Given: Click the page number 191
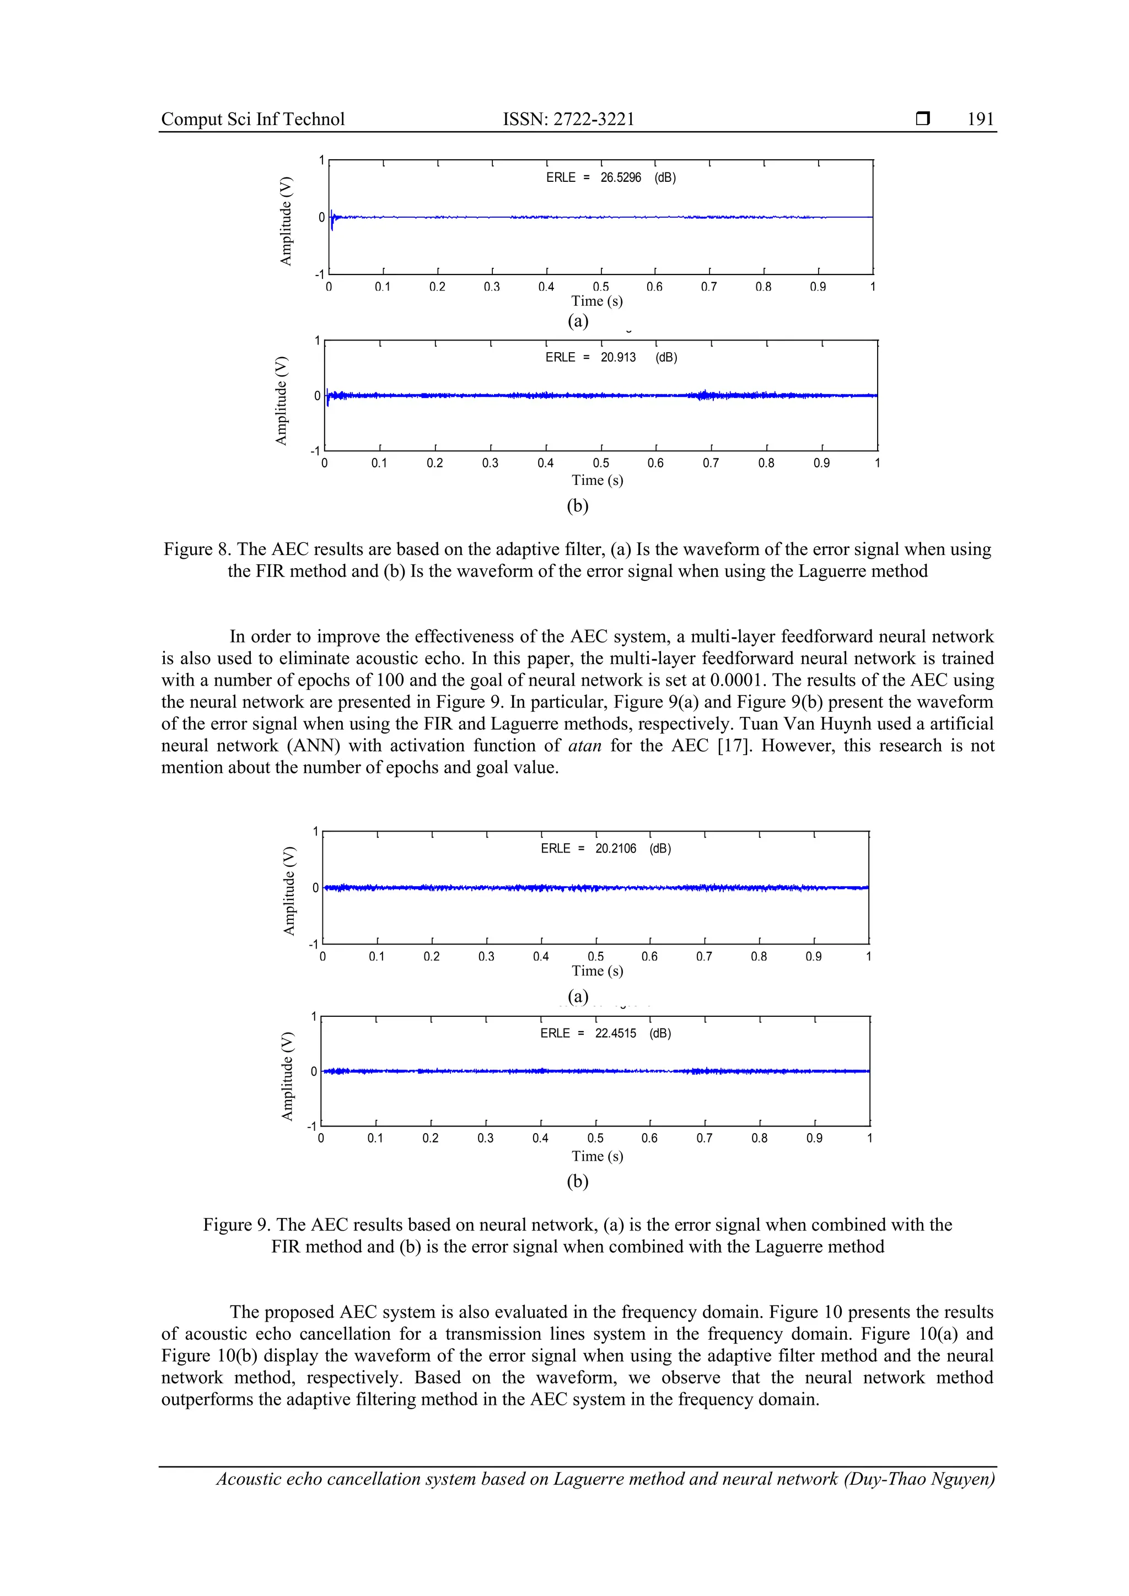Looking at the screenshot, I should tap(980, 119).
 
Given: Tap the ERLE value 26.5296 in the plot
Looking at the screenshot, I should tap(620, 178).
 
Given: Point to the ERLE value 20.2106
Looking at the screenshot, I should tap(615, 848).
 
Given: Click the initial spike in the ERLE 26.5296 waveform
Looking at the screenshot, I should tap(332, 220).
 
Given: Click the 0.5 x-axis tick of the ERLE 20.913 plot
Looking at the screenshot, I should tap(601, 463).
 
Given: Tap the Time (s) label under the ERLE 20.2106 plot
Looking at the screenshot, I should tap(597, 970).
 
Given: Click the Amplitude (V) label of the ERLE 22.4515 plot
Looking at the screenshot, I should tap(287, 1076).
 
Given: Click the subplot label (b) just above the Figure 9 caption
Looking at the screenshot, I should tap(578, 1181).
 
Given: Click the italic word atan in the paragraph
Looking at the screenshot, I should tap(584, 746).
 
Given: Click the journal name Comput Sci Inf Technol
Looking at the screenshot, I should tap(252, 119).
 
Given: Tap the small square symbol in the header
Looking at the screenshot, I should tap(922, 119).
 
